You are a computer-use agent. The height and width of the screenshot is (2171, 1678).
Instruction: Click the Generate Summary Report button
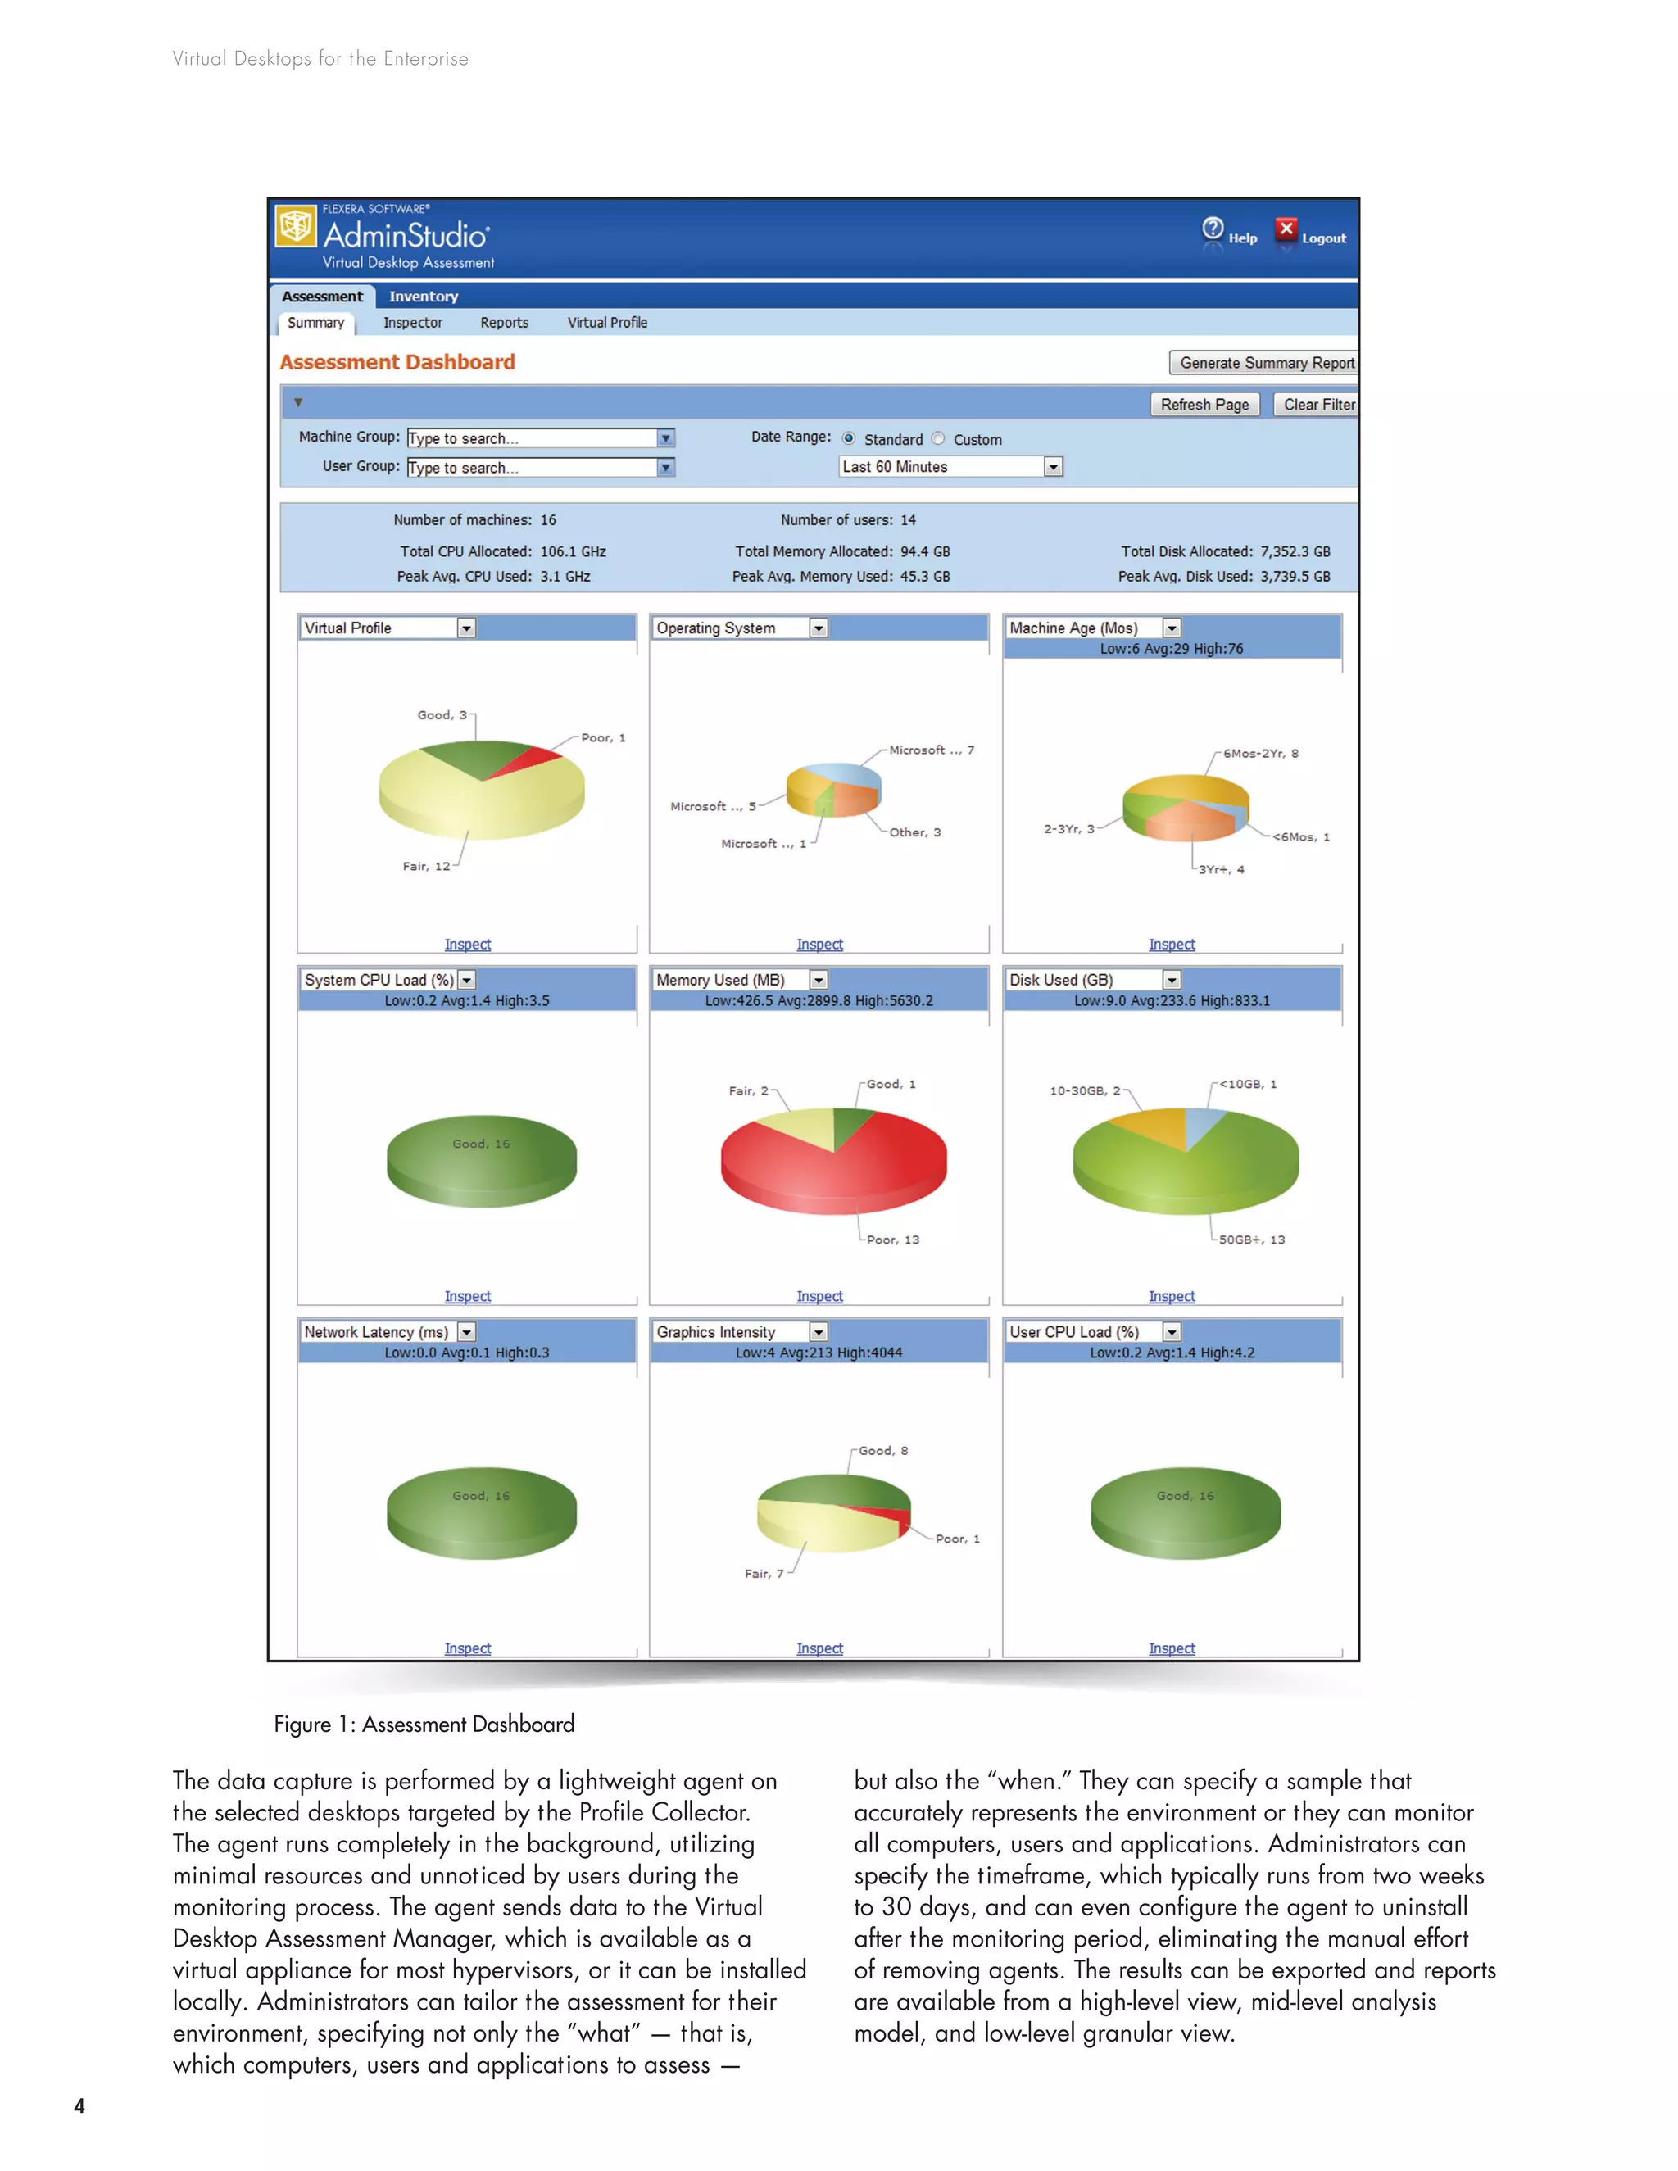coord(1264,363)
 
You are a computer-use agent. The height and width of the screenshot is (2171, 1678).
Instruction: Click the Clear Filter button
coord(1317,405)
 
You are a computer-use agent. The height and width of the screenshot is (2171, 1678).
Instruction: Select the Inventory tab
coord(423,297)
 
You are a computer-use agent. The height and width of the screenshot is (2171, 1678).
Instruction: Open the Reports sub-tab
coord(504,323)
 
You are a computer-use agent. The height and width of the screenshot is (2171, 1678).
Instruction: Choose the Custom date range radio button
coord(938,438)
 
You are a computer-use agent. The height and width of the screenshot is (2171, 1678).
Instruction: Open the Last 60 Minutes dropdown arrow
coord(1053,467)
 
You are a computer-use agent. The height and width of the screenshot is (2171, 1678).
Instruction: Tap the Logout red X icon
coord(1286,229)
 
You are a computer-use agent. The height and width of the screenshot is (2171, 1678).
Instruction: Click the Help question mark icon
coord(1213,229)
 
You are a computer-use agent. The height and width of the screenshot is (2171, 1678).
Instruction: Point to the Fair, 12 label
coord(425,867)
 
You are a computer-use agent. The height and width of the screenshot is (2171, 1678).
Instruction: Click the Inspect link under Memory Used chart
coord(819,1296)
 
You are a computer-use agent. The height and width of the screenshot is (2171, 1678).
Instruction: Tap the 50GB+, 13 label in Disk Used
coord(1252,1240)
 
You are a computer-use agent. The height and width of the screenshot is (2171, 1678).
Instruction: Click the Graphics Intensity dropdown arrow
coord(819,1332)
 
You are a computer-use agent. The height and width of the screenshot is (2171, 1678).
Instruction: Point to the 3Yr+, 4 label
coord(1221,870)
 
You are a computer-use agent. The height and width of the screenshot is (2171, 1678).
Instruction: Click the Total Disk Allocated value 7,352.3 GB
coord(1295,551)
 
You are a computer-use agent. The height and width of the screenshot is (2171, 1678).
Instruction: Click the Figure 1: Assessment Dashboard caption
coord(424,1724)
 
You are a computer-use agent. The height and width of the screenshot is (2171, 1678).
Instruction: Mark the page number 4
coord(79,2105)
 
